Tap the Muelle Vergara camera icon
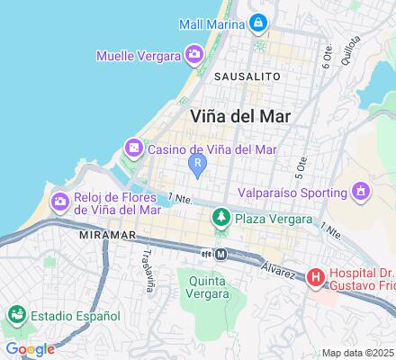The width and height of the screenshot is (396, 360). (194, 56)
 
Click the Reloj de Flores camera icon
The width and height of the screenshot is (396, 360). (60, 200)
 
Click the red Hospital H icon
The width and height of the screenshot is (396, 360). (316, 278)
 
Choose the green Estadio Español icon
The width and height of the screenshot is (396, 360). (16, 316)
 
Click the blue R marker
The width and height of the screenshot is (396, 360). (197, 163)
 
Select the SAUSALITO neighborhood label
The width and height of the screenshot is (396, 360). (246, 78)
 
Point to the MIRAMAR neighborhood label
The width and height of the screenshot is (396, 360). (112, 234)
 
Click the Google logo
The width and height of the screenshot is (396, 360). (29, 349)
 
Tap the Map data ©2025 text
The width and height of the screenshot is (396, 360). (358, 353)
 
